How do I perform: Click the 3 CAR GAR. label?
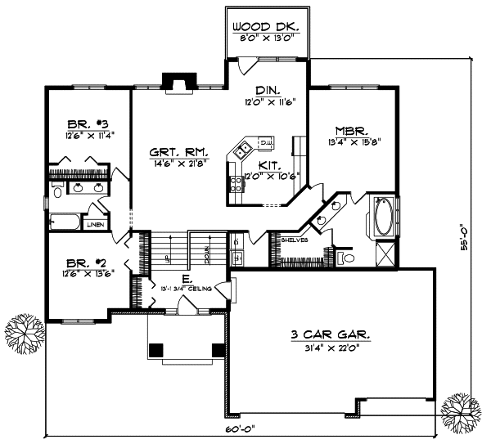tap(331, 334)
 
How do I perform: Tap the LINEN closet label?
tap(96, 223)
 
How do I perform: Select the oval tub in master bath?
tap(383, 217)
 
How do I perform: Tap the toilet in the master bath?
tap(348, 258)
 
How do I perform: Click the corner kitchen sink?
tap(241, 150)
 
